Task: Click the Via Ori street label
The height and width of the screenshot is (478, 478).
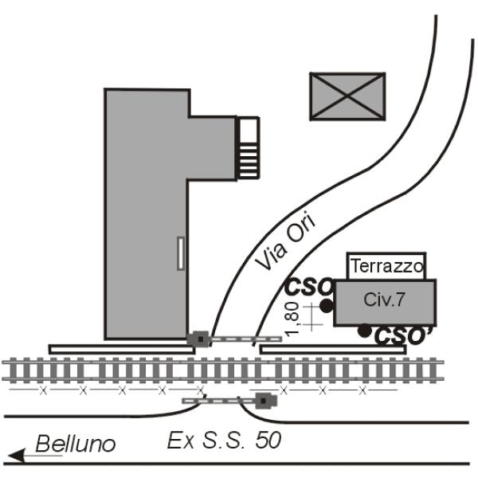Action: click(285, 242)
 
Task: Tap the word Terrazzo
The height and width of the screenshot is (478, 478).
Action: click(387, 266)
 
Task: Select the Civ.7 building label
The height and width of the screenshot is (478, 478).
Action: click(384, 300)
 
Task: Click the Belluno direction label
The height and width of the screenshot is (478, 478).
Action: click(76, 444)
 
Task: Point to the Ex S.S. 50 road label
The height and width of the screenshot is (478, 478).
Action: click(224, 440)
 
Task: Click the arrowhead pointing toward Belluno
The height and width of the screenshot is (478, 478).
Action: click(16, 456)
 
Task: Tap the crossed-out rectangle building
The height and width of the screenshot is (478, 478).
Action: click(347, 96)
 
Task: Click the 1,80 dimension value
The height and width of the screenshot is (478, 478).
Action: click(292, 319)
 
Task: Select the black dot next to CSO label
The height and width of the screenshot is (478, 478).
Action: click(327, 306)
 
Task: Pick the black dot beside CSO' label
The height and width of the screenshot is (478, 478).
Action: click(364, 331)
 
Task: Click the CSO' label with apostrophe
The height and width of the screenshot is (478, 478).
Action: click(403, 335)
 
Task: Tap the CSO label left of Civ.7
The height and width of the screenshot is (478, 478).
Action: click(308, 287)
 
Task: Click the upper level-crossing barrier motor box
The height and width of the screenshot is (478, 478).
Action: click(198, 339)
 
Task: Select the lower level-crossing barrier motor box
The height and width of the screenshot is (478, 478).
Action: click(266, 401)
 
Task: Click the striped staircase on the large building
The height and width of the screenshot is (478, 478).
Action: click(249, 148)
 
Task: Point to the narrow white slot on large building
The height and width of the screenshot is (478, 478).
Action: click(181, 253)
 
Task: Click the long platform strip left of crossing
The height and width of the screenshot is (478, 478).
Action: click(122, 350)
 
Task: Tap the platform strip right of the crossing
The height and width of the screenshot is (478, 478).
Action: click(333, 350)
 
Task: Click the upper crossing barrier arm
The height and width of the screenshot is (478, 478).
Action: click(246, 339)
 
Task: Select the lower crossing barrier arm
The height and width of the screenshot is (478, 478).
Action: click(219, 401)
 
